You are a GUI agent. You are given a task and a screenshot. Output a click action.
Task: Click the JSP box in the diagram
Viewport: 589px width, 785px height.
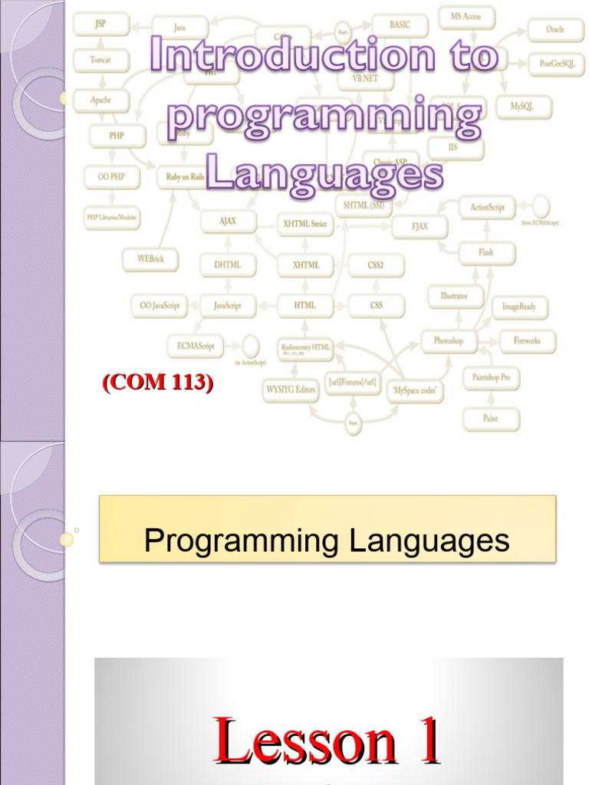(x=100, y=25)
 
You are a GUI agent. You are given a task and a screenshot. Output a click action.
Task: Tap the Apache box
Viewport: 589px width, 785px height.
(x=100, y=100)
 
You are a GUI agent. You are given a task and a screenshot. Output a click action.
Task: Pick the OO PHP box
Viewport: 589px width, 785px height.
(x=107, y=177)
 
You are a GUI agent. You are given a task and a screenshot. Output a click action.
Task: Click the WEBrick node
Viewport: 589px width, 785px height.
(x=150, y=259)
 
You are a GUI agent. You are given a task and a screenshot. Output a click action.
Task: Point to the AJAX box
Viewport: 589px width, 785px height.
(x=228, y=222)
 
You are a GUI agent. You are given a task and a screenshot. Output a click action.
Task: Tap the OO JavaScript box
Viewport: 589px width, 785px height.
(x=160, y=305)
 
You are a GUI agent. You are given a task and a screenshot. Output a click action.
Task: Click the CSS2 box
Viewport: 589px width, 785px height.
(x=376, y=265)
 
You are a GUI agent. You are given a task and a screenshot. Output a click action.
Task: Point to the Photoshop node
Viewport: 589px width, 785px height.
(x=449, y=340)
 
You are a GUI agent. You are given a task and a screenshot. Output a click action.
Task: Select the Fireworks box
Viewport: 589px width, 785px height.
(x=527, y=340)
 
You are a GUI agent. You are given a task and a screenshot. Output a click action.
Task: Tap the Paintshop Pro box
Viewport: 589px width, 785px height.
(x=491, y=377)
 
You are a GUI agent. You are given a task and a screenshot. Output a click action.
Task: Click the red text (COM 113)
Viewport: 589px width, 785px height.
(x=157, y=383)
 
